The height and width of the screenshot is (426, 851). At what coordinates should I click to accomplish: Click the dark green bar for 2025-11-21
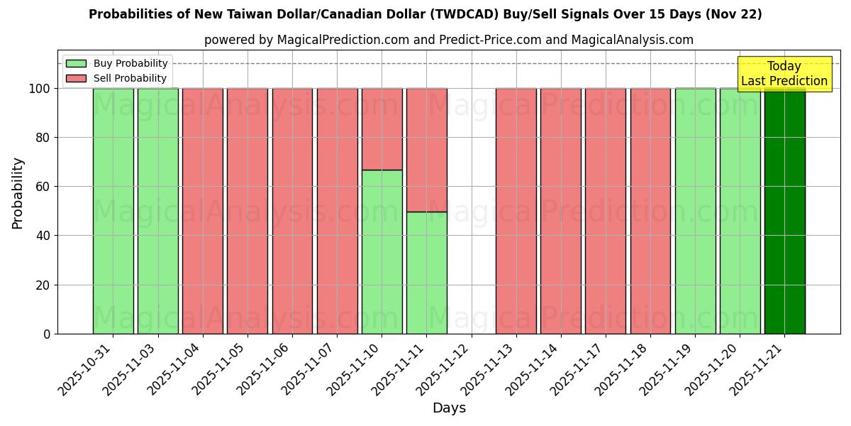pyautogui.click(x=784, y=211)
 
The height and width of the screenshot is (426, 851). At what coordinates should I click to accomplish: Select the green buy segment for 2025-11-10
pyautogui.click(x=382, y=252)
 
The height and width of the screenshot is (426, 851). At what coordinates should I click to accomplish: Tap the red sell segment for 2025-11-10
pyautogui.click(x=382, y=129)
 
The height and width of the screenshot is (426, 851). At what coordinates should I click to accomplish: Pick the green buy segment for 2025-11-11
pyautogui.click(x=426, y=273)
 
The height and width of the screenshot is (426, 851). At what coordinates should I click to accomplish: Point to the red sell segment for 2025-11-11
pyautogui.click(x=426, y=150)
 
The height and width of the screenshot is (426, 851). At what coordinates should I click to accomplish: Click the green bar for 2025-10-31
pyautogui.click(x=113, y=211)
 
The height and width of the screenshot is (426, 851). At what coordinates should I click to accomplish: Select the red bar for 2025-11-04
pyautogui.click(x=202, y=211)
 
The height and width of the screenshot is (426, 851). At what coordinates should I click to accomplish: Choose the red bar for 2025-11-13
pyautogui.click(x=516, y=211)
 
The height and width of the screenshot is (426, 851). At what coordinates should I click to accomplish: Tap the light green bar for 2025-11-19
pyautogui.click(x=695, y=211)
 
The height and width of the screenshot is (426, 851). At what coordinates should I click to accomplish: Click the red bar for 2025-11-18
pyautogui.click(x=650, y=211)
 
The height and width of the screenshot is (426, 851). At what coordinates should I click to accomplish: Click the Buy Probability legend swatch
pyautogui.click(x=76, y=64)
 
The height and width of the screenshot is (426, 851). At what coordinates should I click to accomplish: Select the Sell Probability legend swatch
pyautogui.click(x=76, y=78)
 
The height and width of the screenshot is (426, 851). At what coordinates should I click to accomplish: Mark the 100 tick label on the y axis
pyautogui.click(x=39, y=89)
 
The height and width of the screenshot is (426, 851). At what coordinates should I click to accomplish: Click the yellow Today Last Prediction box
pyautogui.click(x=784, y=74)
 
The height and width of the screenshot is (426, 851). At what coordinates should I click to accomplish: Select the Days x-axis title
pyautogui.click(x=449, y=408)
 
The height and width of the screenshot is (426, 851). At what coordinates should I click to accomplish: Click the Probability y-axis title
pyautogui.click(x=18, y=192)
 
